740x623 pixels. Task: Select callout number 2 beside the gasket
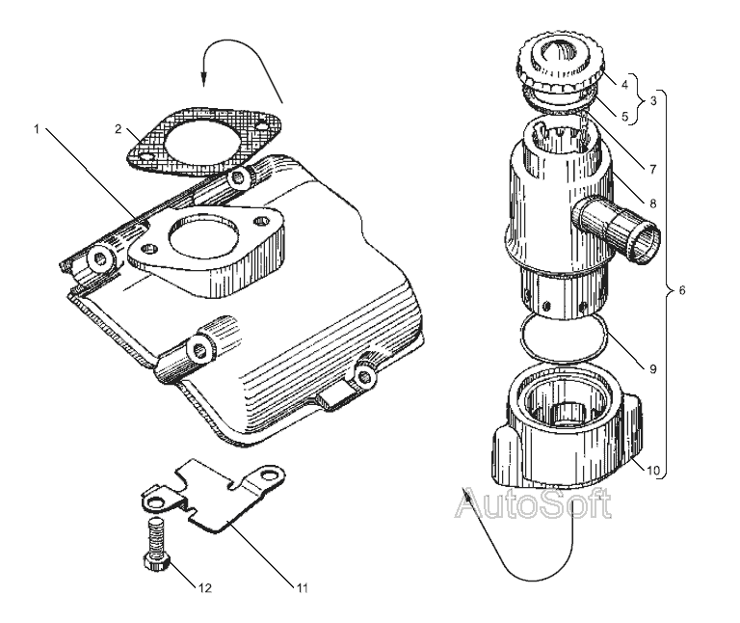click(119, 127)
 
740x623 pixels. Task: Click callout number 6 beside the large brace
click(682, 290)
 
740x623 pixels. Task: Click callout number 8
click(652, 203)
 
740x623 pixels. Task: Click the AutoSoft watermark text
click(532, 504)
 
